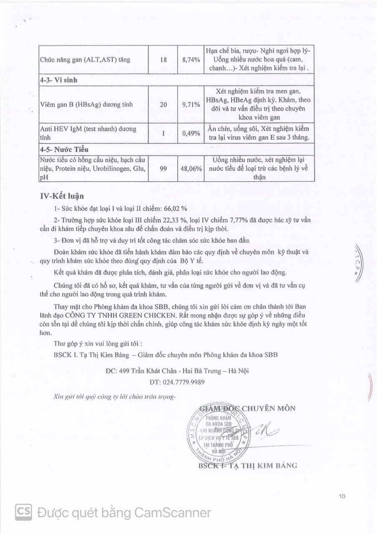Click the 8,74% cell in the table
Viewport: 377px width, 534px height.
tap(191, 60)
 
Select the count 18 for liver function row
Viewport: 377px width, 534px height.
tap(163, 60)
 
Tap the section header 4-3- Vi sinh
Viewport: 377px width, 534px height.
tap(59, 81)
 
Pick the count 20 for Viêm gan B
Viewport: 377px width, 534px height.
tap(163, 104)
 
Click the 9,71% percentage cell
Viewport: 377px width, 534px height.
tap(191, 104)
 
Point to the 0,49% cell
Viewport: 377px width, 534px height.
tap(191, 133)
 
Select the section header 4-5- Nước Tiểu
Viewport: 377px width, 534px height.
tap(64, 149)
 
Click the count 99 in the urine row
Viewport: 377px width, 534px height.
tap(163, 169)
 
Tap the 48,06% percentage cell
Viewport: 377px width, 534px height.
tap(191, 169)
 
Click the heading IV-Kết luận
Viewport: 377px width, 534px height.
tap(64, 196)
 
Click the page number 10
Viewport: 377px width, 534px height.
tap(342, 496)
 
